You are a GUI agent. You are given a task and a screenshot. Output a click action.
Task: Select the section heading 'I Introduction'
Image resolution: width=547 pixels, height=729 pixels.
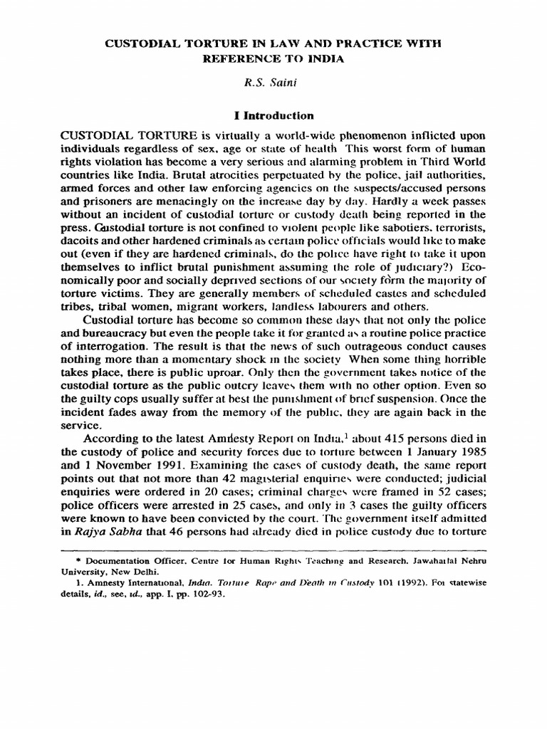273,115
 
